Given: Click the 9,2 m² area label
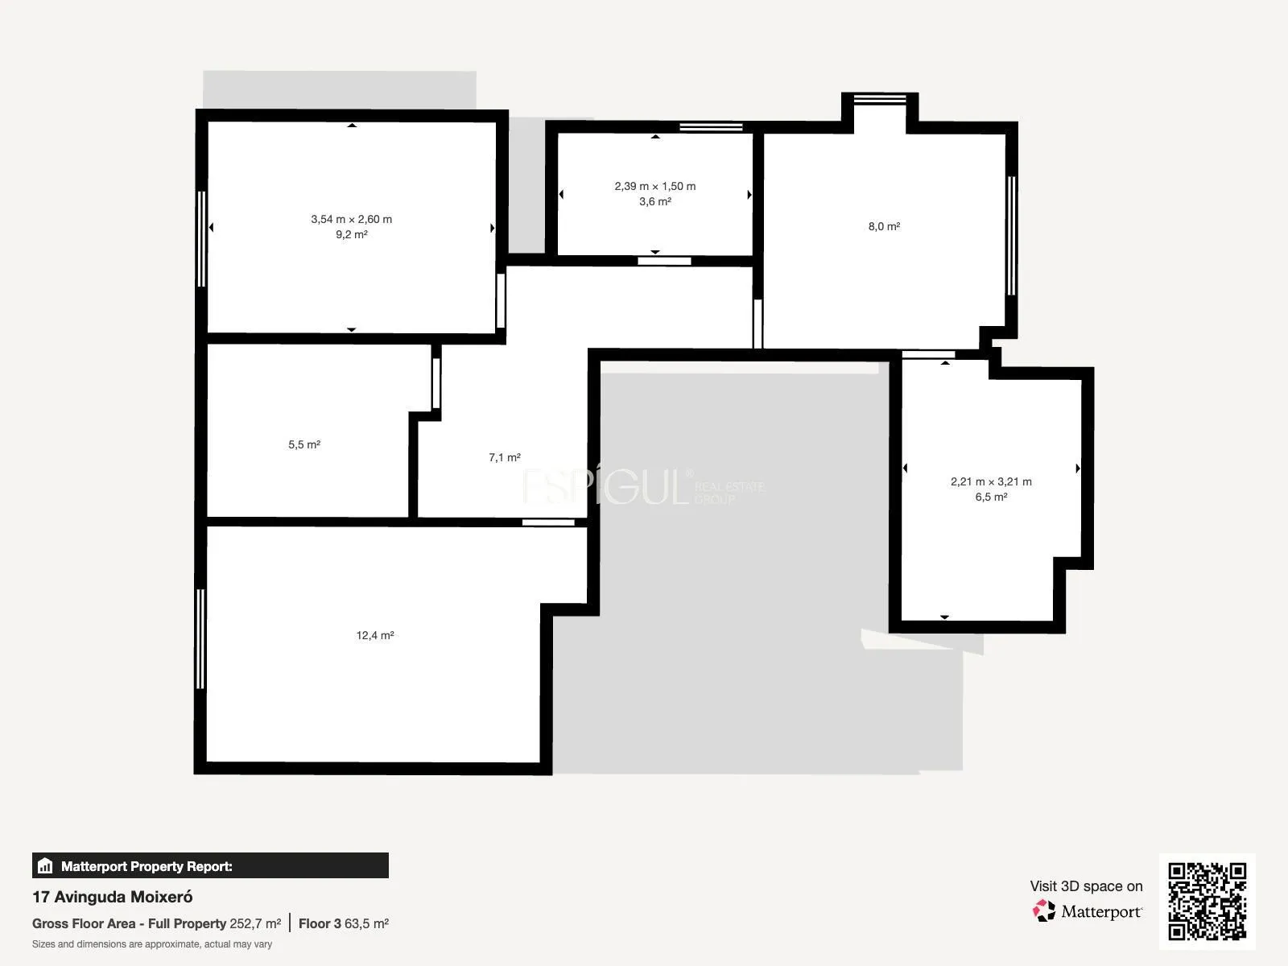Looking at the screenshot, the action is click(x=352, y=234).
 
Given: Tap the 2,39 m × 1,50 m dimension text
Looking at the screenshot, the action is click(x=654, y=186).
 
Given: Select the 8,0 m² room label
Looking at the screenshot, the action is click(x=884, y=226).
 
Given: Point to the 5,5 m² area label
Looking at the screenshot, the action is click(x=304, y=444).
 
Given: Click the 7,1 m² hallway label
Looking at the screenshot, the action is click(x=505, y=457).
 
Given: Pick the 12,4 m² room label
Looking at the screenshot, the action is click(x=375, y=635).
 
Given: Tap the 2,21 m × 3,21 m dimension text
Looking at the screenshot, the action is click(x=991, y=481).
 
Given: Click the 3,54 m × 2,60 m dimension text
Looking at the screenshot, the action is click(x=352, y=219).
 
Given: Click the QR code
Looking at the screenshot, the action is click(x=1207, y=902).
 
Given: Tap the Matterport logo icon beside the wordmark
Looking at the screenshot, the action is click(x=1044, y=911).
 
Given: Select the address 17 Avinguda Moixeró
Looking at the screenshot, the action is click(x=112, y=897).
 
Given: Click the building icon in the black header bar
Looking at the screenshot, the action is click(x=45, y=865).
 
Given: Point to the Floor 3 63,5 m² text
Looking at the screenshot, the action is click(x=343, y=924).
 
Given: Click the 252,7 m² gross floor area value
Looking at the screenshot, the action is click(x=255, y=924).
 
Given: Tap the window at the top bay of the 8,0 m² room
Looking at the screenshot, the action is click(x=880, y=99).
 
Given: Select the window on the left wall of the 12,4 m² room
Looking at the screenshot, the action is click(x=200, y=638).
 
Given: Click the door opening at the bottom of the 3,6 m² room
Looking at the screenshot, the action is click(x=664, y=261).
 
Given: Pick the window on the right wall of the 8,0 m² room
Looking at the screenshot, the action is click(x=1011, y=236).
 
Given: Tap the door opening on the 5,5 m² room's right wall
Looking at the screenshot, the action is click(x=436, y=383).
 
